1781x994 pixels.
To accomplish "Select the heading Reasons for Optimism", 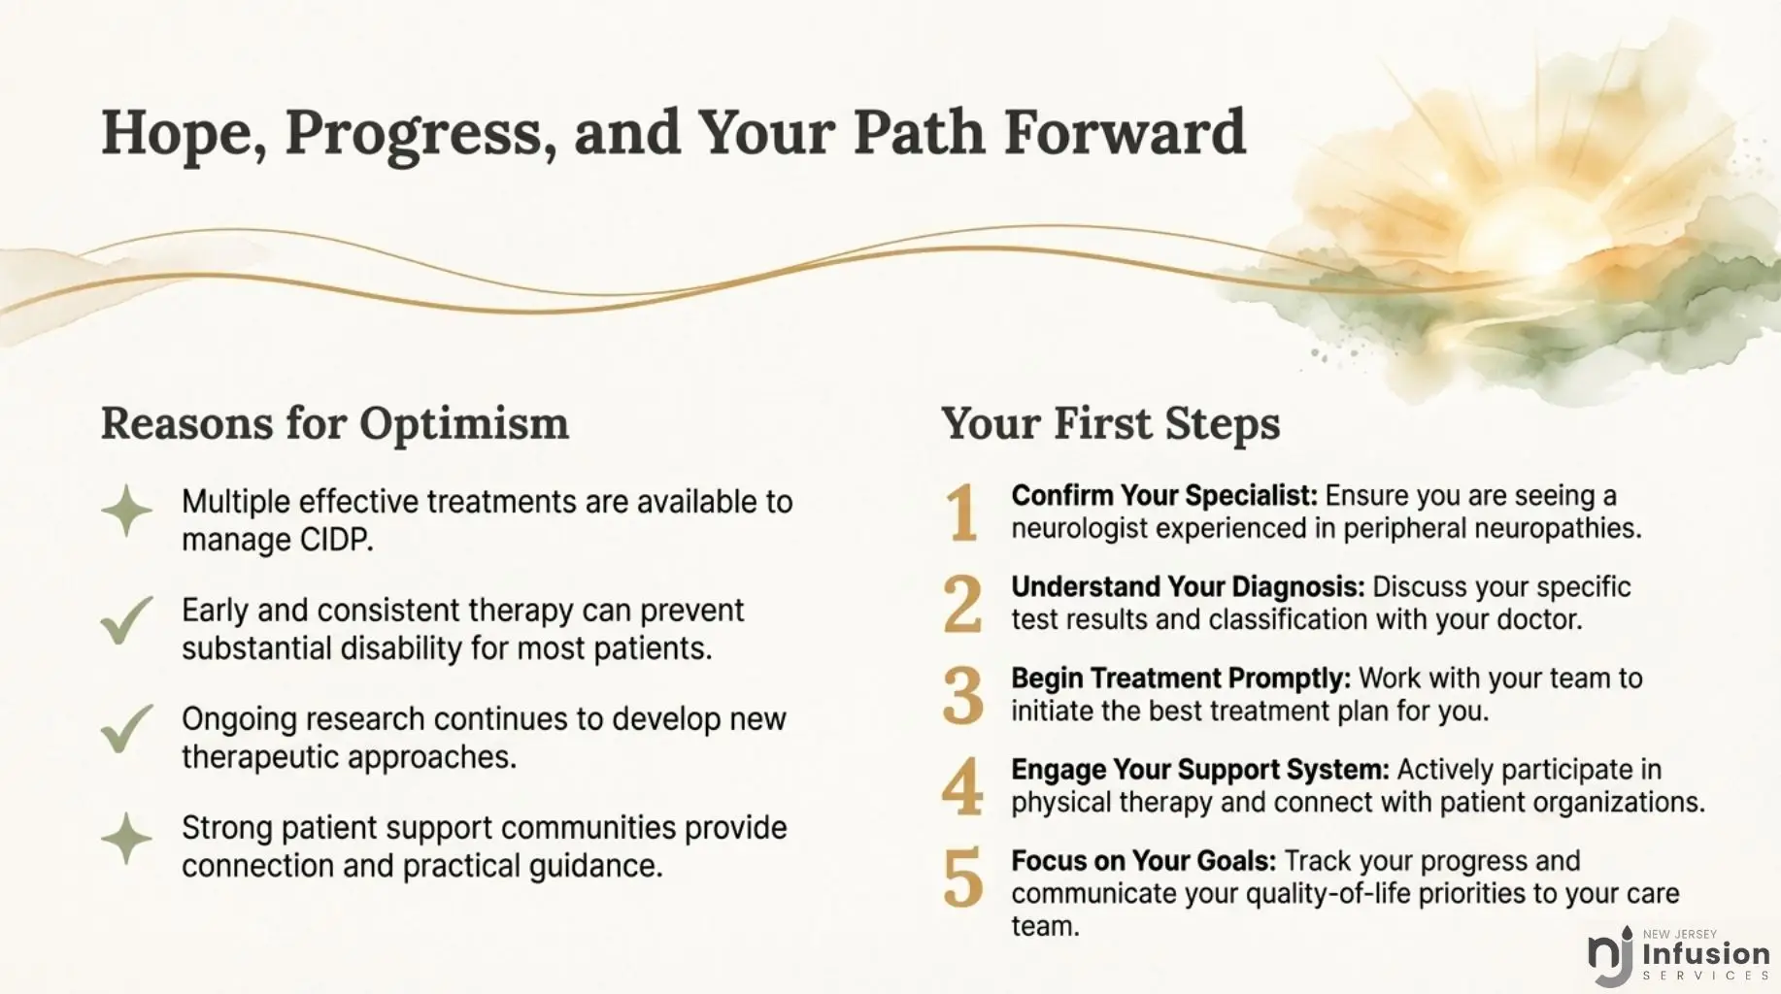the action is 335,424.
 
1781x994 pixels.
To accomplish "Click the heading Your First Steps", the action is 1110,424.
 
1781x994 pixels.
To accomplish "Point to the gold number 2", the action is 962,603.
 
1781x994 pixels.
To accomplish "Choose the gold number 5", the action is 962,878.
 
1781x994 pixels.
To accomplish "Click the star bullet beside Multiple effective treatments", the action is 127,511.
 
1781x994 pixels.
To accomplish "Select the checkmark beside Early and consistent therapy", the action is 127,619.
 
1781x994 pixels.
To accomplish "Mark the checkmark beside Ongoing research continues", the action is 127,728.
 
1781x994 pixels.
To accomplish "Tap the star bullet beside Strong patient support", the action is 127,838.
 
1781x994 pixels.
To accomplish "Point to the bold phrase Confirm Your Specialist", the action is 1164,496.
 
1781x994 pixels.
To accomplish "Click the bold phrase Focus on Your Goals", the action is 1144,861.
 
